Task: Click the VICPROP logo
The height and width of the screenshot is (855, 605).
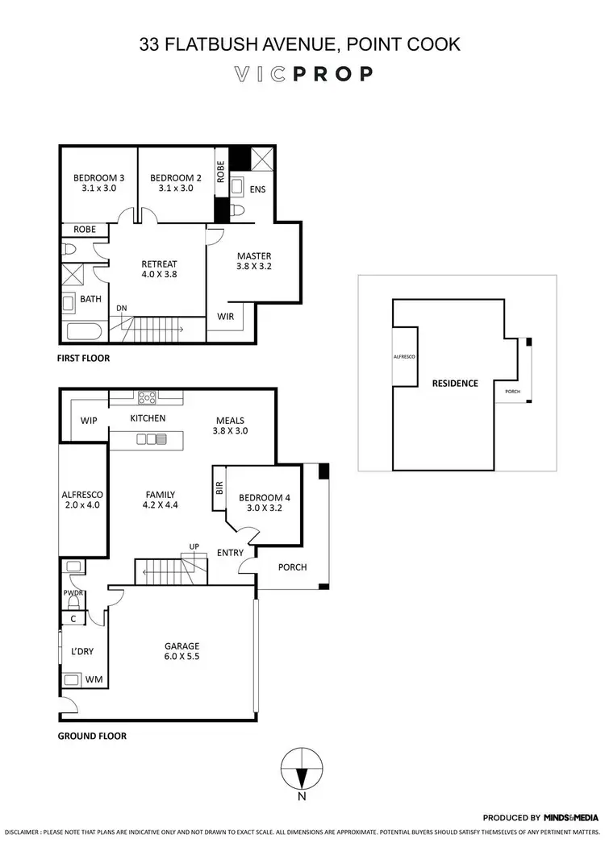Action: click(302, 74)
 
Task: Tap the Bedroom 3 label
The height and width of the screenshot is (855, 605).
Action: click(98, 178)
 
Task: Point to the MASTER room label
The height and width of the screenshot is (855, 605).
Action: click(254, 256)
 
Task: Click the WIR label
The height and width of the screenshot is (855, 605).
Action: click(226, 317)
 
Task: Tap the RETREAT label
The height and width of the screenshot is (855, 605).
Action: click(159, 264)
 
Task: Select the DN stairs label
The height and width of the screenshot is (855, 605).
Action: click(121, 308)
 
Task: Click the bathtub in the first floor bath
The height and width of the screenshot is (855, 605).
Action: click(81, 332)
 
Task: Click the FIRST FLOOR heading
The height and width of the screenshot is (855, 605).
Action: click(84, 358)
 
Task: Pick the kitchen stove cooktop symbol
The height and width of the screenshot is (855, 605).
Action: click(147, 396)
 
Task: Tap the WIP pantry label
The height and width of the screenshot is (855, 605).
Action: click(89, 421)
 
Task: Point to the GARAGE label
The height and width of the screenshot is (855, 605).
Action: click(182, 646)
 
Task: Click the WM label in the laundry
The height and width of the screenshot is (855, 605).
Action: click(94, 680)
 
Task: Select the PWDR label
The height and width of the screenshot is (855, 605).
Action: click(73, 592)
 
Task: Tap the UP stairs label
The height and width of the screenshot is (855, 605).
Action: click(194, 546)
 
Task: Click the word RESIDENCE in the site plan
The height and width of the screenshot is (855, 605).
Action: click(454, 383)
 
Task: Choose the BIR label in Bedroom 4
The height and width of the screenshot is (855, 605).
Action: click(219, 488)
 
